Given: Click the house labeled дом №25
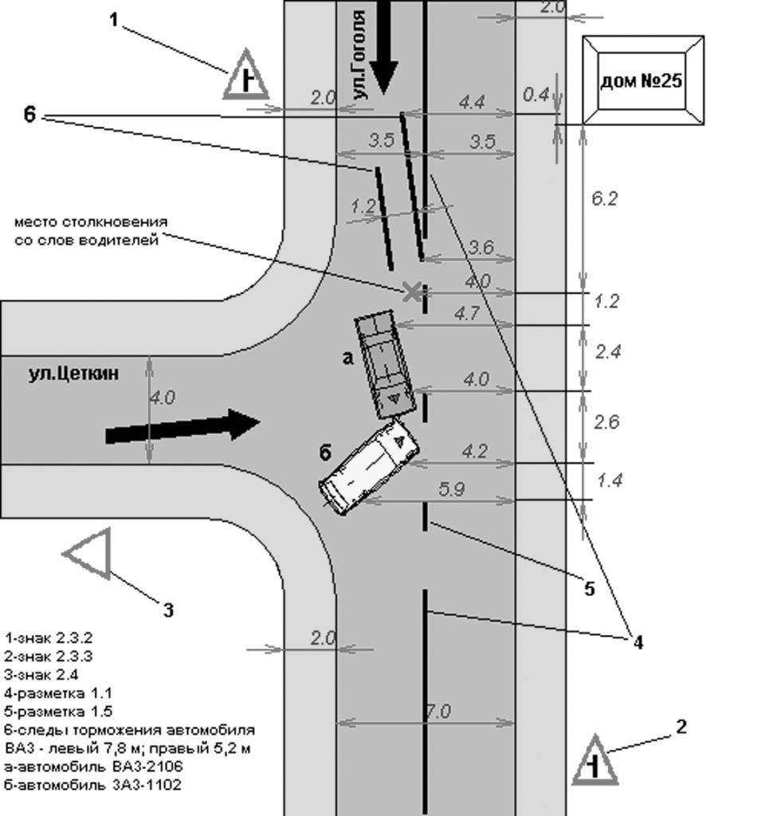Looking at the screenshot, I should click(642, 80).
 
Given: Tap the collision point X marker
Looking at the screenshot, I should click(411, 292).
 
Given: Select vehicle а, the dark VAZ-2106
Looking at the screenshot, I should click(385, 363).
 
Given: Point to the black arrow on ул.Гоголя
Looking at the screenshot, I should click(383, 46).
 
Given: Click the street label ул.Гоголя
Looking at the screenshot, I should click(359, 56).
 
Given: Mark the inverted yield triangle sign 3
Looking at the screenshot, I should click(88, 554).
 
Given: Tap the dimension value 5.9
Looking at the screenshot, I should click(451, 490).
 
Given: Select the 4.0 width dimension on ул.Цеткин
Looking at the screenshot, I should click(163, 398).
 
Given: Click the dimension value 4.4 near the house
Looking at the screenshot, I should click(472, 101).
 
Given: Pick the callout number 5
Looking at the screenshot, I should click(589, 589).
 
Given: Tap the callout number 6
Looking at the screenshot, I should click(30, 115).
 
